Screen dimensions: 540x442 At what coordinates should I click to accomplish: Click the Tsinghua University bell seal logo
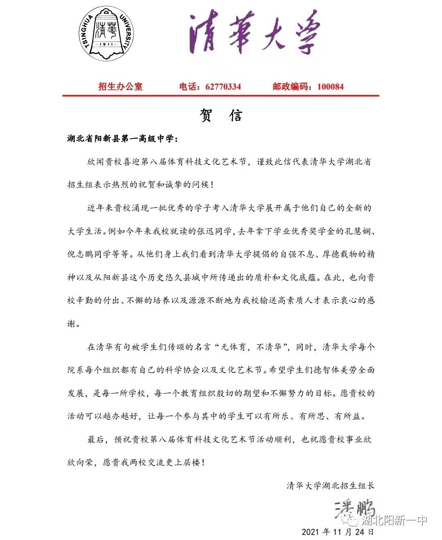pyautogui.click(x=106, y=32)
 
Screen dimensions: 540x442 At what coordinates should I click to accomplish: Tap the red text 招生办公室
pyautogui.click(x=120, y=86)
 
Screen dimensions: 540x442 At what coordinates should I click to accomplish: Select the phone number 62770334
pyautogui.click(x=223, y=86)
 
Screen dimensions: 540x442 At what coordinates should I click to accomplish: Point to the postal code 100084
pyautogui.click(x=330, y=86)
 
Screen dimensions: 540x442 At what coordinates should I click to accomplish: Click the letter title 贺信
pyautogui.click(x=221, y=115)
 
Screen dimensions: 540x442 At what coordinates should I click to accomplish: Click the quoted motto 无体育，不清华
pyautogui.click(x=254, y=347)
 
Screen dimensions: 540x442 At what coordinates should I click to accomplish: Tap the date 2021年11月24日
pyautogui.click(x=338, y=532)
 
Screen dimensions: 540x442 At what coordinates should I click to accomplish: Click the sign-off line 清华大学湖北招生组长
pyautogui.click(x=330, y=486)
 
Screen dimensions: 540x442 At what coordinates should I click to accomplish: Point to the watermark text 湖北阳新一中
pyautogui.click(x=394, y=520)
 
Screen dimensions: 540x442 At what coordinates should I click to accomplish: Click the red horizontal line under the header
pyautogui.click(x=221, y=96)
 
